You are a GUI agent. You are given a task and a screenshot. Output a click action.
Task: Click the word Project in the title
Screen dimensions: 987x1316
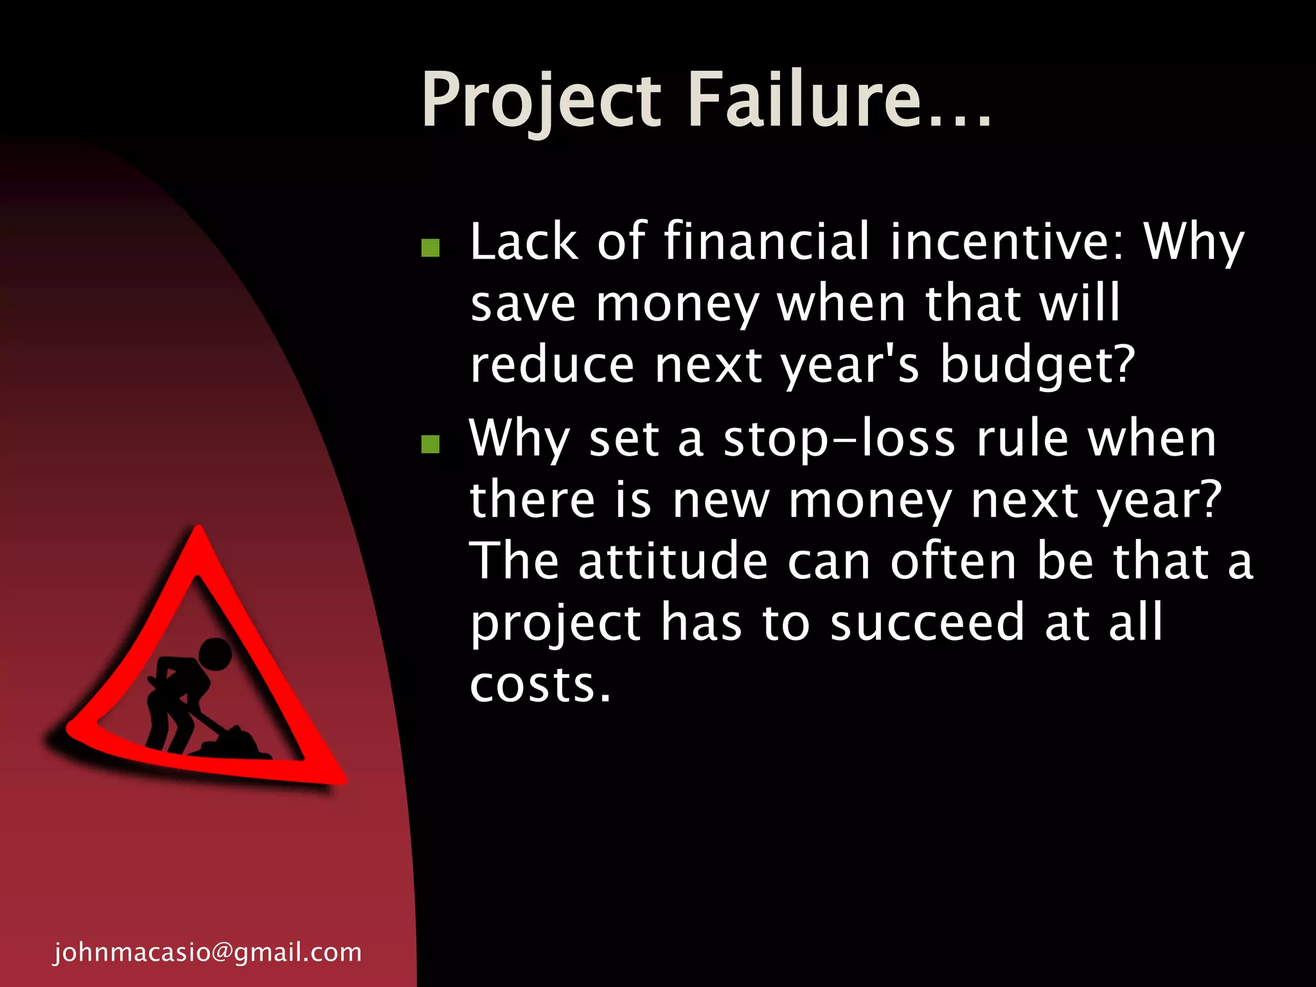tap(541, 102)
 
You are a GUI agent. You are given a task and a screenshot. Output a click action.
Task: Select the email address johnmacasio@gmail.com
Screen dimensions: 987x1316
tap(208, 952)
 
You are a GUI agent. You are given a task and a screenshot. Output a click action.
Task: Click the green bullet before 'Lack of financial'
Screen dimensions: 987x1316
tap(430, 248)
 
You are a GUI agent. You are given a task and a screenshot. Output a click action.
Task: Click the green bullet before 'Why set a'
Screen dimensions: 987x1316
tap(430, 444)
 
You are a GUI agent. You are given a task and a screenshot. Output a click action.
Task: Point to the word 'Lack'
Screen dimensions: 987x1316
tap(524, 242)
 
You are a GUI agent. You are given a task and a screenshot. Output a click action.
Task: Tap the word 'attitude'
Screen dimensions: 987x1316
tap(673, 562)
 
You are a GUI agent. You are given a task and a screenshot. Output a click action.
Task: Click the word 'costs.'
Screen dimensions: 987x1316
tap(540, 684)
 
